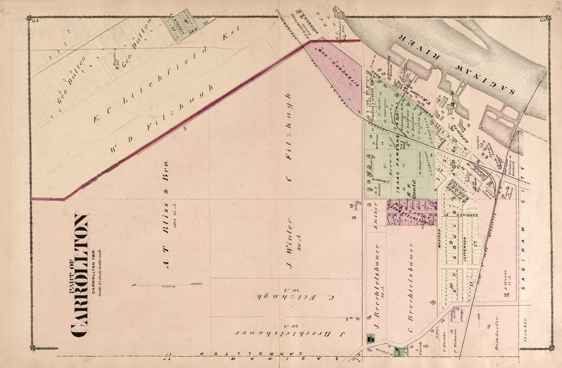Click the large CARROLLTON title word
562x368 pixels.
point(81,276)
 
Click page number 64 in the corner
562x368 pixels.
point(35,20)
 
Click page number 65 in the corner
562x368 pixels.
point(543,20)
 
